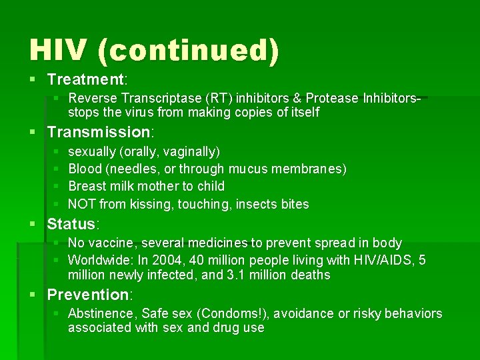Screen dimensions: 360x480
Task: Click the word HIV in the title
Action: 59,51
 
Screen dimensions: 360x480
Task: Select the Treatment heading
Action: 85,80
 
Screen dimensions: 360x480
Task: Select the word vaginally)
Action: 193,152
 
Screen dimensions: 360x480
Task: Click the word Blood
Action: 85,169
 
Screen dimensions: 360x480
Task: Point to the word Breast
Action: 87,187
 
